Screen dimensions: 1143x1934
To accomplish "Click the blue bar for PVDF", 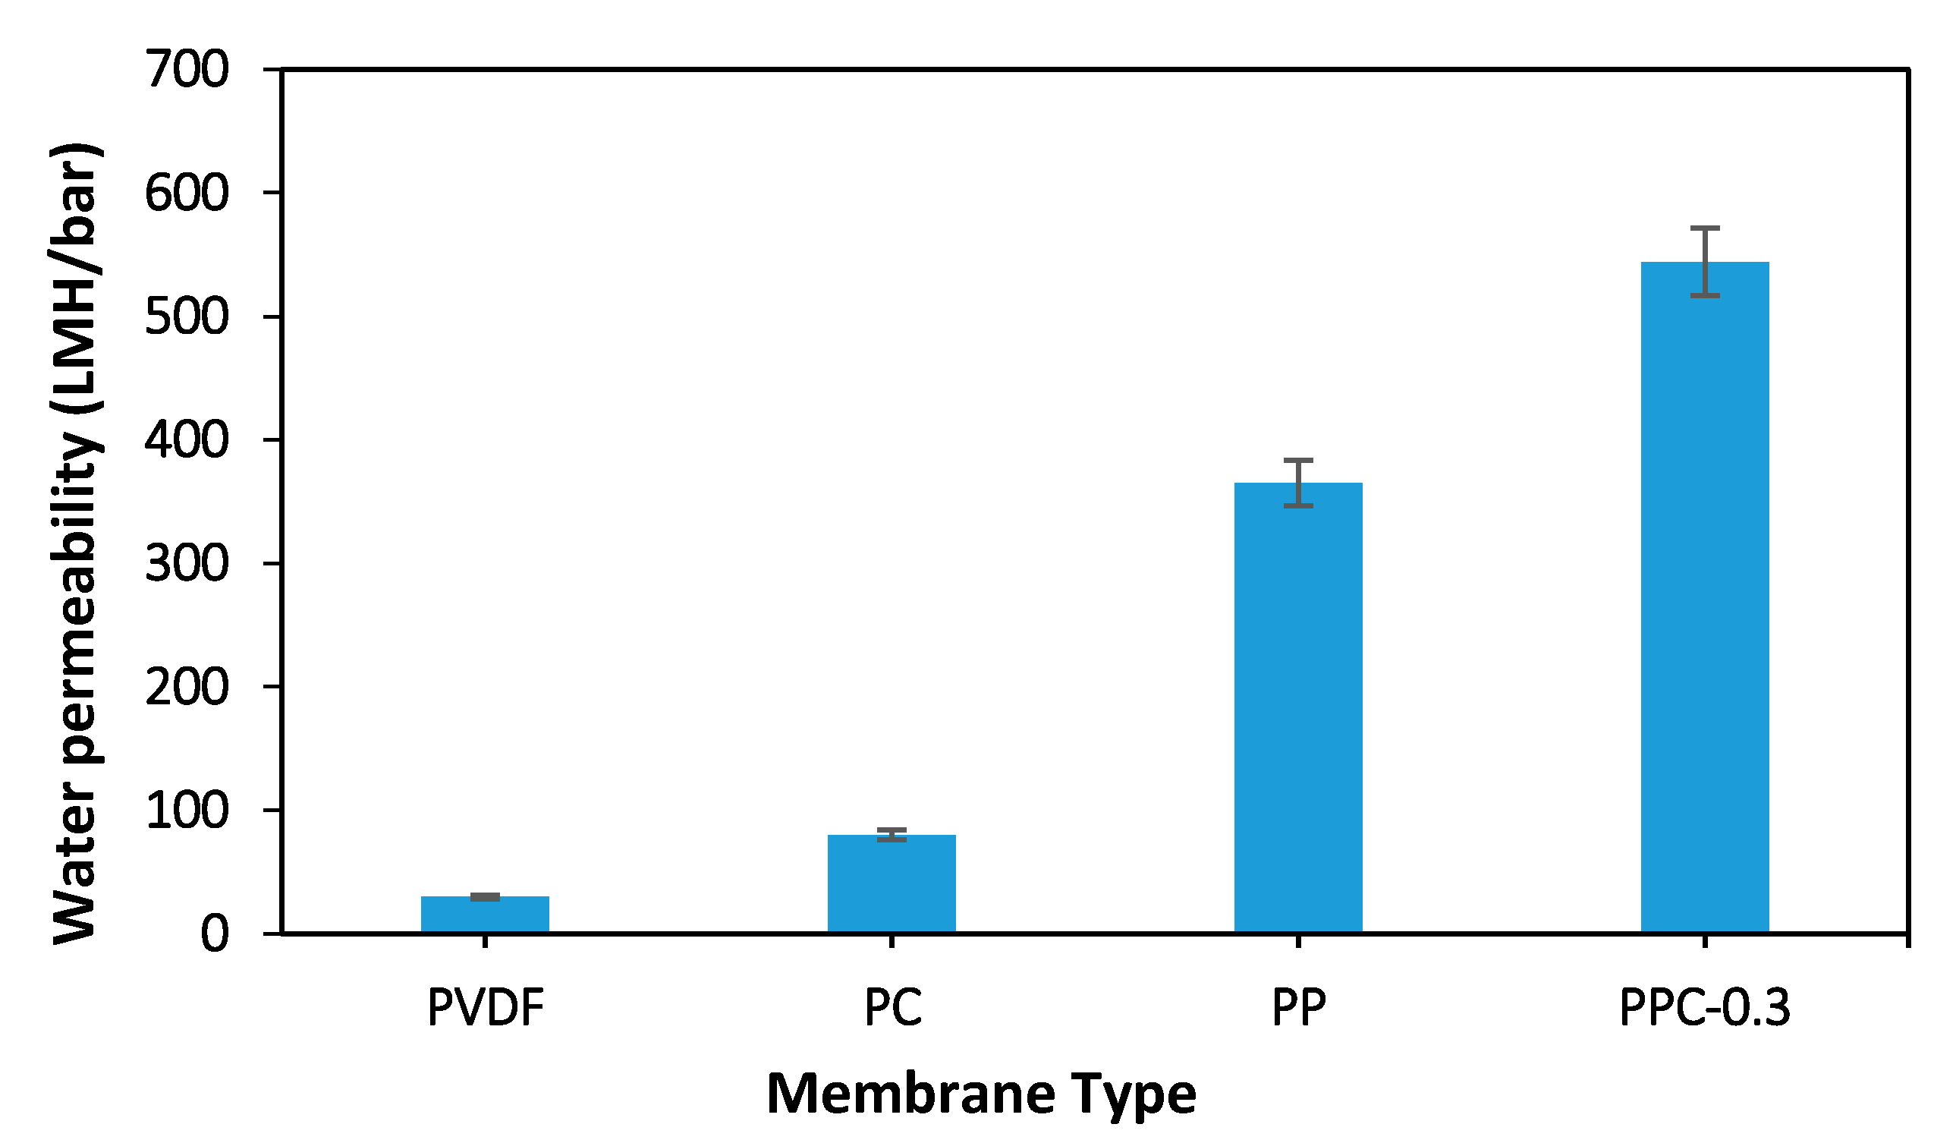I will click(485, 915).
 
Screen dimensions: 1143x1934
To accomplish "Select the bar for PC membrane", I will click(892, 883).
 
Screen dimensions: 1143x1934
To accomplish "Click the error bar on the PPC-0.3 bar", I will click(1705, 262).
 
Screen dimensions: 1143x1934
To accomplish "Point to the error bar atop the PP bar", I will click(1298, 483).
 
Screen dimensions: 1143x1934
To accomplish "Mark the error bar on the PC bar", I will click(892, 835).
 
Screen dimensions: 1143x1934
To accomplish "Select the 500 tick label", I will click(187, 316).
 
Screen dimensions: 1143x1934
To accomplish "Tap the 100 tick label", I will click(187, 811).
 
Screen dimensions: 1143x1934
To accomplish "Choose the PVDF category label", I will click(486, 1007).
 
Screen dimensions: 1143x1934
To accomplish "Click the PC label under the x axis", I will click(892, 1007).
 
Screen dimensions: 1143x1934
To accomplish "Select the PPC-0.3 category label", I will click(1705, 1007).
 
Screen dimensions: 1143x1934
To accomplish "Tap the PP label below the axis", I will click(1298, 1007).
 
